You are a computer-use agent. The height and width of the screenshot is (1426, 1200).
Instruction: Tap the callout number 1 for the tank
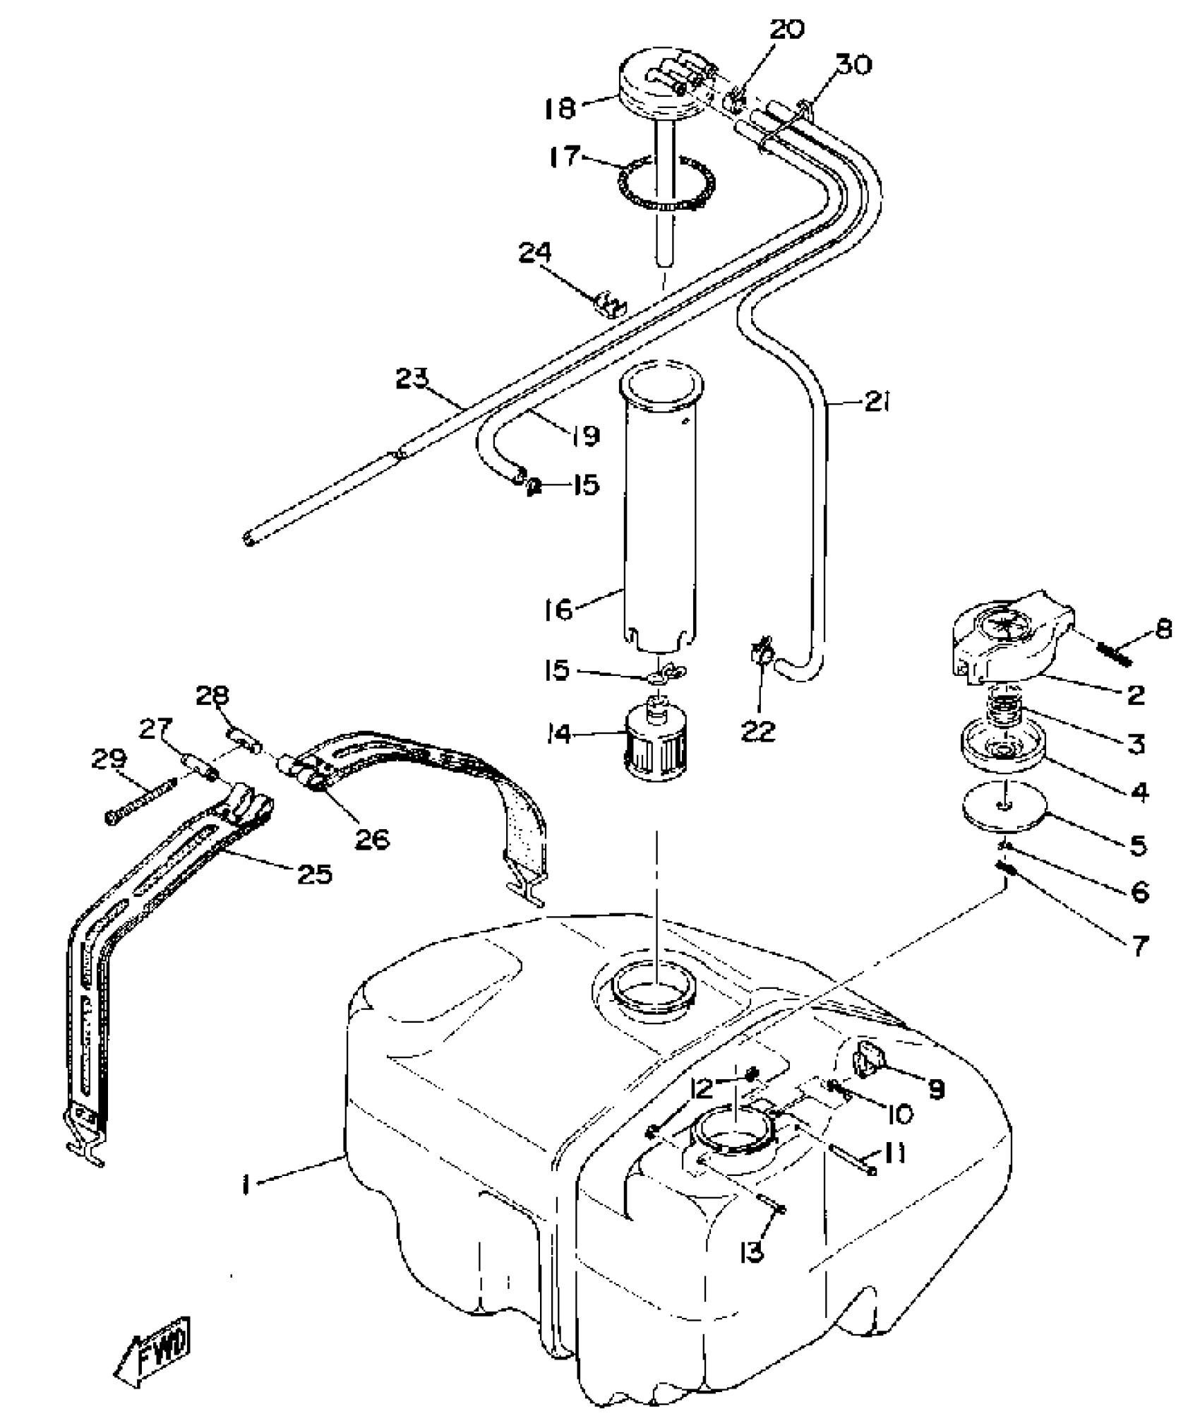[245, 1184]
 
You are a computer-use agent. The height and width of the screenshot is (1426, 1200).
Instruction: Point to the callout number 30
[853, 65]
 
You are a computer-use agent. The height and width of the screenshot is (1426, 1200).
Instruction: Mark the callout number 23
[412, 379]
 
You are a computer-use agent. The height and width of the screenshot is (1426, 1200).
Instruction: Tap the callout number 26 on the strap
[371, 838]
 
